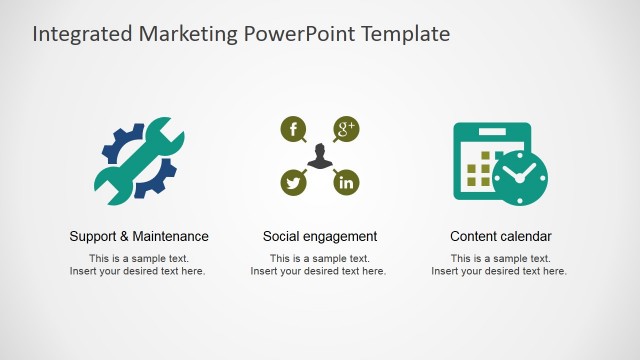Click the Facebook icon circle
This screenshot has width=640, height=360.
[x=293, y=128]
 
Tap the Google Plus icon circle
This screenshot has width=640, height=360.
[x=346, y=128]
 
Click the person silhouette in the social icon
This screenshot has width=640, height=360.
[x=319, y=156]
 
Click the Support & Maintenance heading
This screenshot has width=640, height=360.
[x=139, y=237]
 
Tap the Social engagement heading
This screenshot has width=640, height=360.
[x=320, y=237]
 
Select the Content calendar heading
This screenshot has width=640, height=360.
[x=501, y=237]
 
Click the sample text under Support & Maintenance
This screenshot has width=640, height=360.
[x=138, y=265]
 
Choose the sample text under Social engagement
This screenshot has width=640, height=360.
[x=319, y=265]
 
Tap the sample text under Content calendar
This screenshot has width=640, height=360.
[x=500, y=265]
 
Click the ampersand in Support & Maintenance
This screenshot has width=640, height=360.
[x=125, y=237]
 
